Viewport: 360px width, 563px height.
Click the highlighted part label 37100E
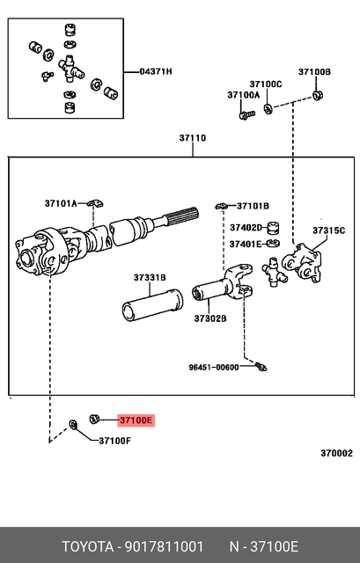click(136, 421)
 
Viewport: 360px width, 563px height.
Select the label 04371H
click(156, 71)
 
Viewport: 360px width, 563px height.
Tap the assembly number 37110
click(193, 138)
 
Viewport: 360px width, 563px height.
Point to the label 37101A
click(62, 204)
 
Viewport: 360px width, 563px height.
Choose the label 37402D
click(246, 228)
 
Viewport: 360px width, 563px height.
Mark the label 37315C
click(329, 230)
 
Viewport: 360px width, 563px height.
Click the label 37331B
click(150, 278)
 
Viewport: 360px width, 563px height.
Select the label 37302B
click(210, 319)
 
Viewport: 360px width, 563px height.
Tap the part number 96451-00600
click(213, 367)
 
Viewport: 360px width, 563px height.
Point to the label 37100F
click(114, 441)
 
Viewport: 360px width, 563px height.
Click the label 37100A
click(243, 94)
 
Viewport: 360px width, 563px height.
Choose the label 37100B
click(313, 71)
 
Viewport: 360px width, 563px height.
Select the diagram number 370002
click(335, 454)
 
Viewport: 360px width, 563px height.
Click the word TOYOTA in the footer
click(86, 546)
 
